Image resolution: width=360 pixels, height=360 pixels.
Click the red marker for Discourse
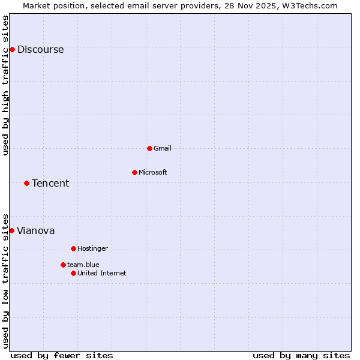[x=12, y=49]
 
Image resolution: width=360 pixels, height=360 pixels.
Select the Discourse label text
[x=40, y=50]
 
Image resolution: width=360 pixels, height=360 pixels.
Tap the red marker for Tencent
[x=26, y=183]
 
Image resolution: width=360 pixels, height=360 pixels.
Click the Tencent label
[x=50, y=184]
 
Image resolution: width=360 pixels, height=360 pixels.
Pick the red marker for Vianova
[x=11, y=230]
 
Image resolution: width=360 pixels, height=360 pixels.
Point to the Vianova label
[x=36, y=231]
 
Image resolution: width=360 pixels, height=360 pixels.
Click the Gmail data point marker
[x=149, y=148]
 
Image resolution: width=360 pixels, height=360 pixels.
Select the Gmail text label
[x=162, y=149]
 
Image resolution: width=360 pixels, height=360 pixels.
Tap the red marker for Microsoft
[x=134, y=172]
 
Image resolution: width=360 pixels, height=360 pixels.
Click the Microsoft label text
[x=152, y=173]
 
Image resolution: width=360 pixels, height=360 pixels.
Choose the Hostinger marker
[x=73, y=248]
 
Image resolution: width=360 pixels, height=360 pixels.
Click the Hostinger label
[x=92, y=249]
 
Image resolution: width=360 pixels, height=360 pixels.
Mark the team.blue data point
[x=63, y=265]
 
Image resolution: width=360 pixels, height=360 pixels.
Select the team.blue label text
[x=83, y=265]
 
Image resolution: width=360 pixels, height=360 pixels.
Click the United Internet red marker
[x=73, y=273]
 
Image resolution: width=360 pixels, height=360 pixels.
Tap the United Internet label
[x=101, y=274]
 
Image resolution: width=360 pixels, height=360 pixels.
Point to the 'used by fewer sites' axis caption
[x=62, y=356]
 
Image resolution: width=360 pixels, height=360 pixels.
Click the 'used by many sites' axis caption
[x=301, y=356]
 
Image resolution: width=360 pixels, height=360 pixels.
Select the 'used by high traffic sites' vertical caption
[x=5, y=86]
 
